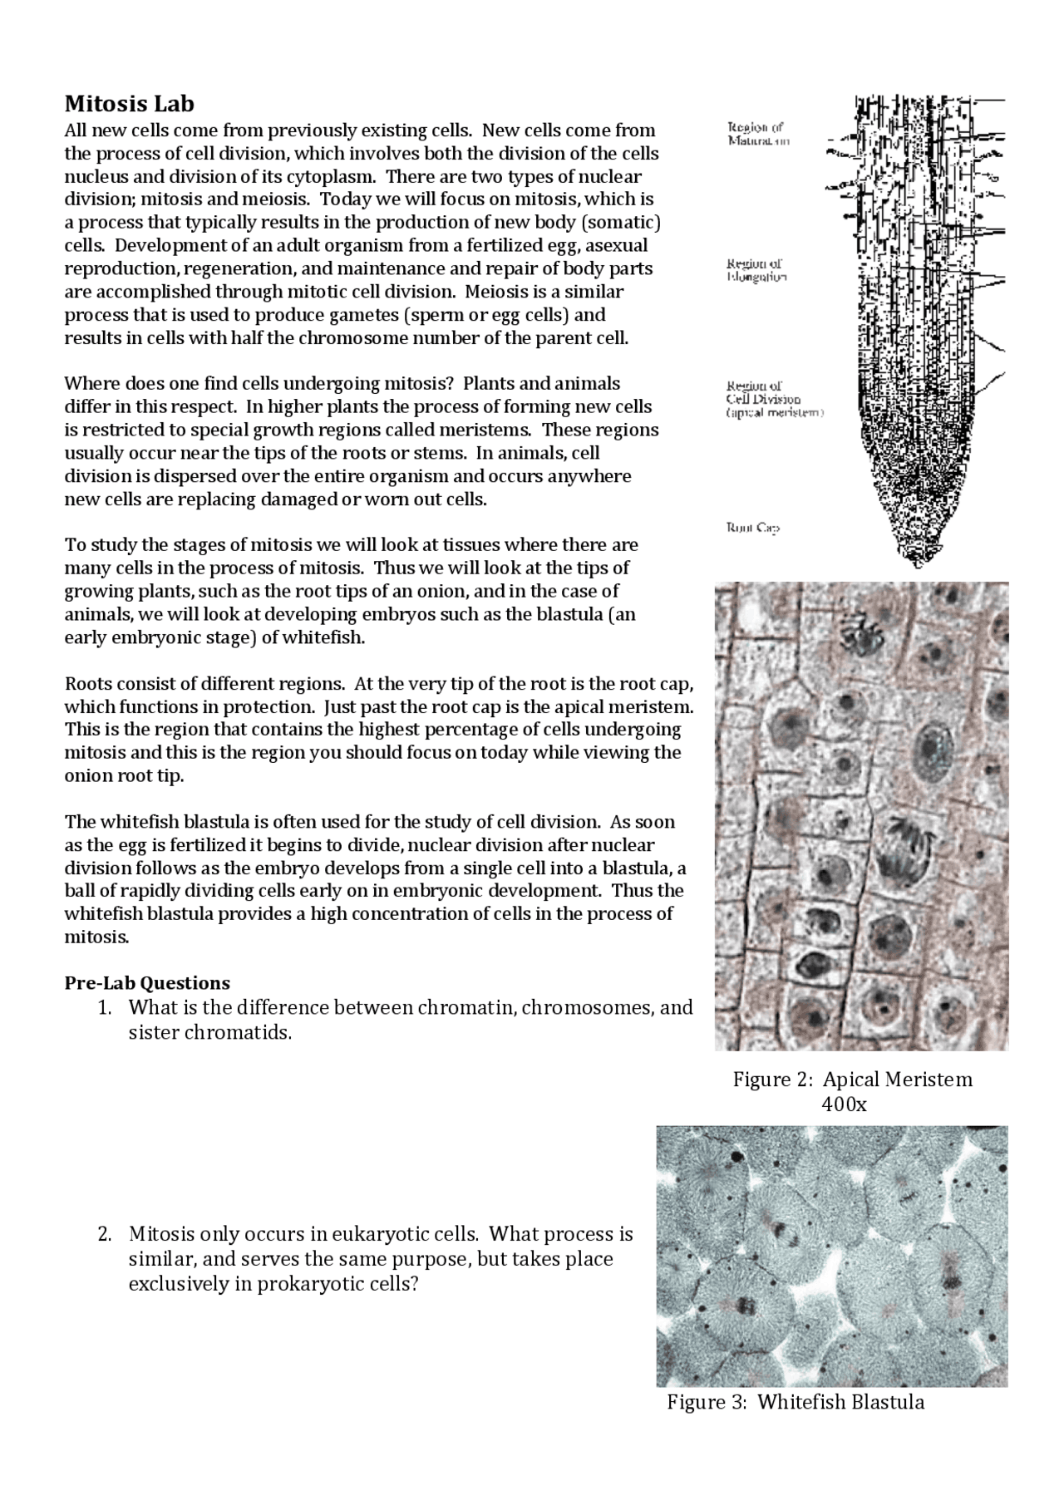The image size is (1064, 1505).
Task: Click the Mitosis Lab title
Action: [130, 104]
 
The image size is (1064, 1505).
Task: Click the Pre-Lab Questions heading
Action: [147, 982]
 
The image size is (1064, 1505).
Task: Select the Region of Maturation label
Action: [757, 135]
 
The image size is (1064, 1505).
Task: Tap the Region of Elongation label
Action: [755, 271]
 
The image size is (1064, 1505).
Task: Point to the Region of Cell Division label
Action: [773, 399]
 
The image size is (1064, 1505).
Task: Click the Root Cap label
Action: [752, 528]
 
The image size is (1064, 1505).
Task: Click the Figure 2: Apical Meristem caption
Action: [852, 1080]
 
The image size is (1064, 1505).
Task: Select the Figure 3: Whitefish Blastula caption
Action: [796, 1402]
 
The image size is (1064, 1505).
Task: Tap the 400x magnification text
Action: [844, 1104]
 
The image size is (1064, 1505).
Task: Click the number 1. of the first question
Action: [104, 1008]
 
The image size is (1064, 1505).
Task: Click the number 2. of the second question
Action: [104, 1234]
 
